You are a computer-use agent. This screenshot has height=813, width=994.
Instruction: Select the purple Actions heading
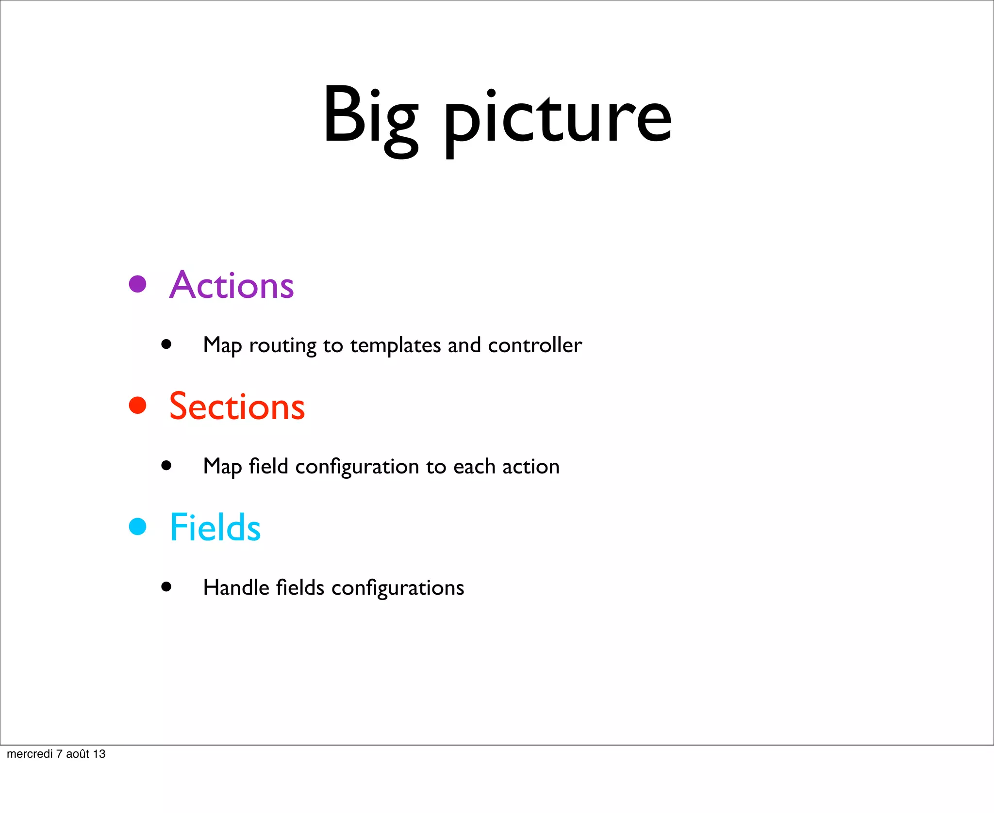(232, 285)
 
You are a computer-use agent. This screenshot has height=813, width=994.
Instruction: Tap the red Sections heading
(237, 406)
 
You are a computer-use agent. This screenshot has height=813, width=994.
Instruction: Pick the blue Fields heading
(215, 527)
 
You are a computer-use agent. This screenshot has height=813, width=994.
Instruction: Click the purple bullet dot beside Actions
(138, 284)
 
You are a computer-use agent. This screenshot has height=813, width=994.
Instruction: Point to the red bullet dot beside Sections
(138, 406)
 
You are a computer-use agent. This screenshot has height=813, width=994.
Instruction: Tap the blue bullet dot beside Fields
(138, 526)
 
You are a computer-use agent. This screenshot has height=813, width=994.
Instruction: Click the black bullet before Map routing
(166, 344)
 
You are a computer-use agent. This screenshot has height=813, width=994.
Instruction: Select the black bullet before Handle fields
(166, 587)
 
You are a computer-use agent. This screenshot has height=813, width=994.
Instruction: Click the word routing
(282, 346)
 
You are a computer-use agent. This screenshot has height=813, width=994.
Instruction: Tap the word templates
(395, 346)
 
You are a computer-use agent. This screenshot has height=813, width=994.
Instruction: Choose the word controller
(534, 345)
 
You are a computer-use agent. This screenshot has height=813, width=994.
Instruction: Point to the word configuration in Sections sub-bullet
(357, 467)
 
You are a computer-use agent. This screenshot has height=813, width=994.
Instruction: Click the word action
(530, 467)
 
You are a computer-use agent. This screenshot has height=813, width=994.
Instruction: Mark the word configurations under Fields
(398, 588)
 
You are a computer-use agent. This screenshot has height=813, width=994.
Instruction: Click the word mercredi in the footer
(30, 754)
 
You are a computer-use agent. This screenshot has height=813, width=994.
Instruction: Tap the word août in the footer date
(78, 754)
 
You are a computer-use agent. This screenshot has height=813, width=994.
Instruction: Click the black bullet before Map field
(166, 466)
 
